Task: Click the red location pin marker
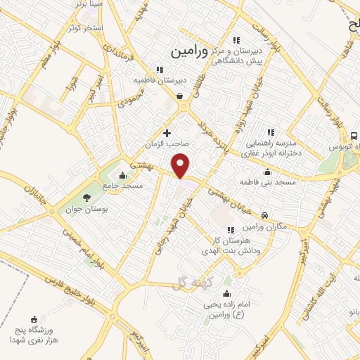click(181, 165)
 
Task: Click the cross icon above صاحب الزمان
click(167, 132)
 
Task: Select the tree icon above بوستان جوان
click(86, 198)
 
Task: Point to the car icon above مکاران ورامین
click(264, 215)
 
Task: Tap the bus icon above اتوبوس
click(355, 134)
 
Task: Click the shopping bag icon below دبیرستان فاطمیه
click(180, 96)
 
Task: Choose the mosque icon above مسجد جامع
click(124, 175)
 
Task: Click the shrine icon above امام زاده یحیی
click(227, 294)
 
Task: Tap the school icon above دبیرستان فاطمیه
click(160, 69)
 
